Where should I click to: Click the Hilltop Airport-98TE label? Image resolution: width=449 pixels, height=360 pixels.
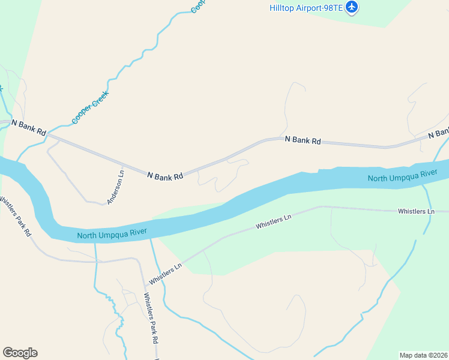(x=306, y=7)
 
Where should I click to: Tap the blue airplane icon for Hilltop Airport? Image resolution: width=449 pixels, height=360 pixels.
(x=352, y=8)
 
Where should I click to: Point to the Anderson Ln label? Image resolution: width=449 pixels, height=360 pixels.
(x=116, y=187)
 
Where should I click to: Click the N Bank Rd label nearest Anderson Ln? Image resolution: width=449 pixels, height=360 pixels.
(x=165, y=176)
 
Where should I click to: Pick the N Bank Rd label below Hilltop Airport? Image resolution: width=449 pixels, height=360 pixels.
(x=303, y=140)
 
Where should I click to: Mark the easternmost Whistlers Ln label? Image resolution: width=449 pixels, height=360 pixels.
(x=415, y=212)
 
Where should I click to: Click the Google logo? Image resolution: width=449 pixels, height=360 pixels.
(x=20, y=353)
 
